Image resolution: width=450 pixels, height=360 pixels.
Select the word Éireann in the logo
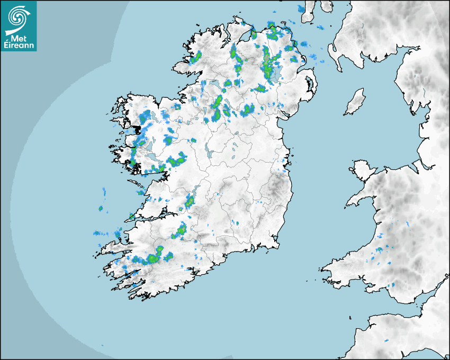point(19,46)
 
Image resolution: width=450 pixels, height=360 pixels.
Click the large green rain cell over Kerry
point(154,258)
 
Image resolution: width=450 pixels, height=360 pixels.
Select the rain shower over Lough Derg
point(189,201)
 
